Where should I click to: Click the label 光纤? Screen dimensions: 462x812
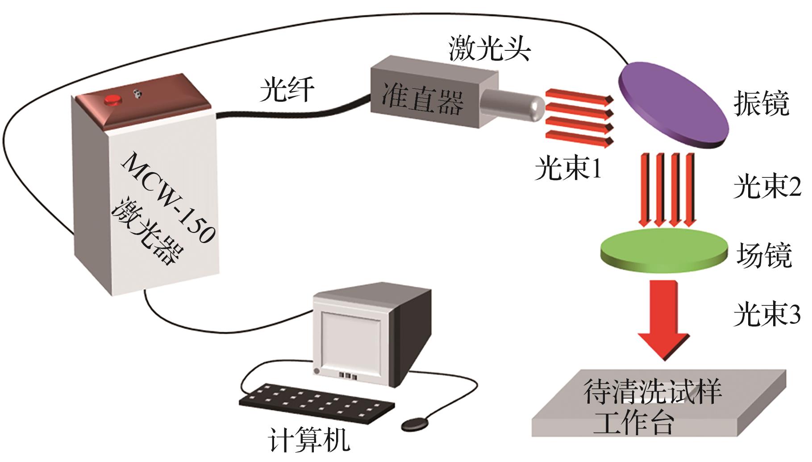click(x=287, y=89)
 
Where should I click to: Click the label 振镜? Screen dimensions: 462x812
click(x=762, y=103)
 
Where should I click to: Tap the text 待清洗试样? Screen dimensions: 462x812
click(x=653, y=392)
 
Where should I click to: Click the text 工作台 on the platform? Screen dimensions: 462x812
click(x=633, y=423)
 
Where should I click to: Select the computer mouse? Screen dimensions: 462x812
click(x=416, y=423)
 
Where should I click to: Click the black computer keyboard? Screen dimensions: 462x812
click(x=316, y=404)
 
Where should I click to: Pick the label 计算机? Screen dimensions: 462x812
click(x=309, y=440)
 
